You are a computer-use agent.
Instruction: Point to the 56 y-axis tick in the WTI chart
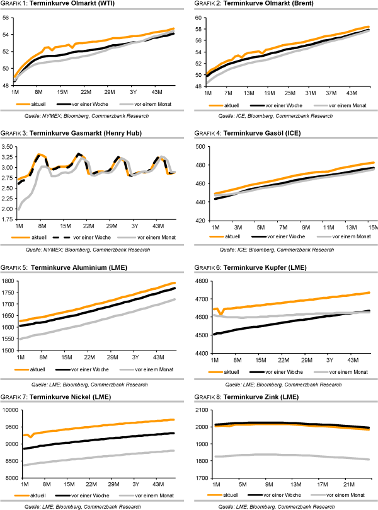(8, 18)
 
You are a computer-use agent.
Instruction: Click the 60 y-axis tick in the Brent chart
(197, 18)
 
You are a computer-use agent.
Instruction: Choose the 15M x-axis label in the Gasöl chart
(372, 226)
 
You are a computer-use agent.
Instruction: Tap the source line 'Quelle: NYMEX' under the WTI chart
(86, 117)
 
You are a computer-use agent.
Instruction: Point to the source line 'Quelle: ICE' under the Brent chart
(275, 117)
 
